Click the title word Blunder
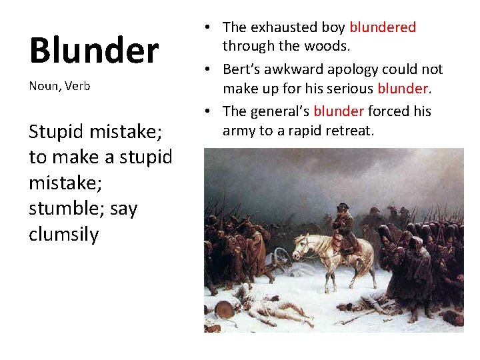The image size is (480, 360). coord(94,51)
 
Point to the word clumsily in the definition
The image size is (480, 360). coord(64,235)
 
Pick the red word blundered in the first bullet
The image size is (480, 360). coord(383,27)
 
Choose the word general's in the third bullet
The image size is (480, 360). coord(279,111)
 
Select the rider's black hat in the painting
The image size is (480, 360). coord(343,206)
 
